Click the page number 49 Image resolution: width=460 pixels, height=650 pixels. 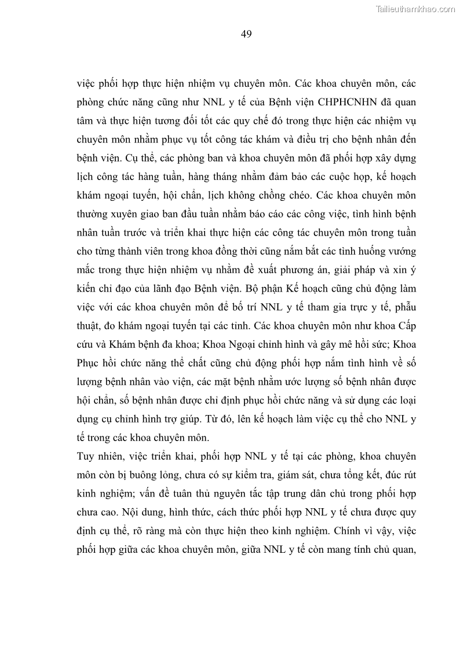246,34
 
